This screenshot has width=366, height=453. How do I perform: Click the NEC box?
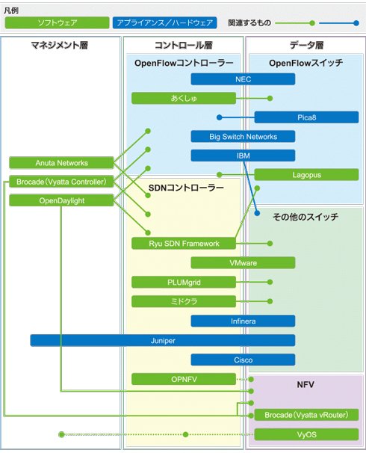(x=243, y=79)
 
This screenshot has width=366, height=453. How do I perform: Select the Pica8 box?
(x=306, y=117)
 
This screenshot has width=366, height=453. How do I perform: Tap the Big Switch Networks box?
(x=243, y=136)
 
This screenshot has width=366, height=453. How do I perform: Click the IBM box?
(x=243, y=155)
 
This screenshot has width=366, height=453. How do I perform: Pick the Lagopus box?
(x=306, y=174)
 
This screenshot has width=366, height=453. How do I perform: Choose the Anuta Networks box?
(x=61, y=163)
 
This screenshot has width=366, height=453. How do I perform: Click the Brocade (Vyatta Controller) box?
(x=61, y=182)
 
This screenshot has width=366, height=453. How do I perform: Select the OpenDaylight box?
(x=61, y=200)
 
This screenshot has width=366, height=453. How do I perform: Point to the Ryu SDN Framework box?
(x=184, y=243)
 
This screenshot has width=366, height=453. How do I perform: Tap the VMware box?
(x=243, y=262)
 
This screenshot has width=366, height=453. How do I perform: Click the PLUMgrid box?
(x=184, y=282)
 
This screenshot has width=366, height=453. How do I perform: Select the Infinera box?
(x=243, y=321)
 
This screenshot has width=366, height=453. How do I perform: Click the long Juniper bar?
(x=163, y=340)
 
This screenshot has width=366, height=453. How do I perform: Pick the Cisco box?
(x=243, y=360)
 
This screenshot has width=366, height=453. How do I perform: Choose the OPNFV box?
(x=184, y=379)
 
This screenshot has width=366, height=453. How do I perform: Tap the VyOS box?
(x=306, y=434)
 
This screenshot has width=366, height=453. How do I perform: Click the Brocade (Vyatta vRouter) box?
(x=306, y=415)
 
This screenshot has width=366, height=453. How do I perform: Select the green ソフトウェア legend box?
(x=58, y=22)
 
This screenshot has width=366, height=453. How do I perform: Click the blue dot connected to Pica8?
(x=220, y=117)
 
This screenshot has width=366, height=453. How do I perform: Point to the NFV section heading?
(x=305, y=384)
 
